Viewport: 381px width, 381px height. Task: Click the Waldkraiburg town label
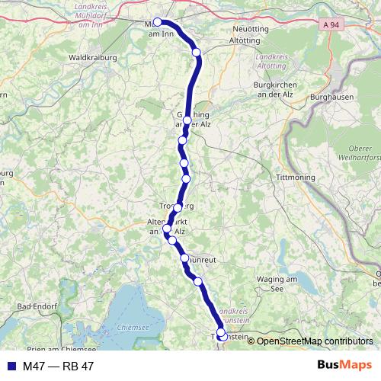[x=91, y=57]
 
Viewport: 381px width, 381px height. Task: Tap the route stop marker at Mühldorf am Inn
[x=158, y=22]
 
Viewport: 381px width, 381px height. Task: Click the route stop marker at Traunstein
[x=221, y=333]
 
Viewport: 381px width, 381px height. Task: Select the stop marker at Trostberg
[x=178, y=207]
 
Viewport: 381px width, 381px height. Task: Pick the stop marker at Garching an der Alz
[x=187, y=120]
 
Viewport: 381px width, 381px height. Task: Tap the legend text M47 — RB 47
[x=58, y=367]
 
